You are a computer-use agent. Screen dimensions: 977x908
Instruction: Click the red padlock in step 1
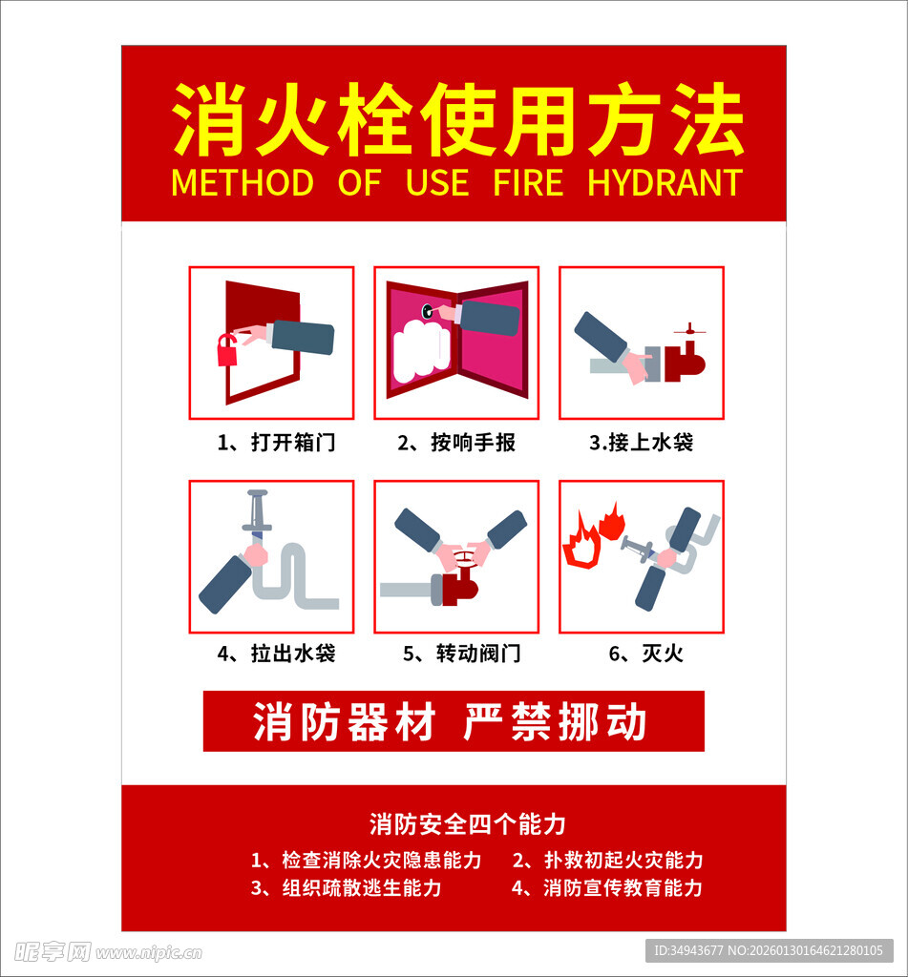tap(227, 351)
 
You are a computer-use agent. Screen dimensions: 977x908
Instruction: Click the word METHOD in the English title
tap(243, 182)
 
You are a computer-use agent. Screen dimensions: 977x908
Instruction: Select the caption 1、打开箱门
tap(276, 443)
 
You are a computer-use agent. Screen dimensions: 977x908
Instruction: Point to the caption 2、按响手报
tap(456, 443)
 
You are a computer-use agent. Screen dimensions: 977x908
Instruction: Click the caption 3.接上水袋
tap(641, 443)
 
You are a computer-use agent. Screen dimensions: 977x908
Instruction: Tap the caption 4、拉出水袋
tap(276, 654)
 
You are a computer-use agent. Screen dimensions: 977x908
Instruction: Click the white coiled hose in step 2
tap(421, 350)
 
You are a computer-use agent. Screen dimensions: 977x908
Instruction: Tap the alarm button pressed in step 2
tap(429, 310)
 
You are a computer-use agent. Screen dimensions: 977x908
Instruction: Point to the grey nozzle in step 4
tap(257, 513)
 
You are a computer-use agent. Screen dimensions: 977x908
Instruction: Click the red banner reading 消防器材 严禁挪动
tap(454, 721)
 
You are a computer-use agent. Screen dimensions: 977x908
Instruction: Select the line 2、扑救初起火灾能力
tap(607, 860)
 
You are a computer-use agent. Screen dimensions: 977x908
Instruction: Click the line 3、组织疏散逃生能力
tap(346, 888)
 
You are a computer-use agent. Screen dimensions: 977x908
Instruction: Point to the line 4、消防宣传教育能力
tap(607, 888)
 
